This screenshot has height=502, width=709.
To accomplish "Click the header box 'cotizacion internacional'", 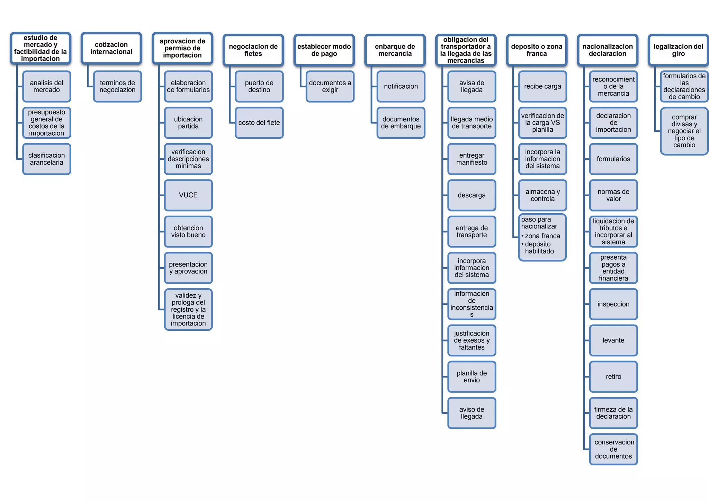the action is pos(111,48).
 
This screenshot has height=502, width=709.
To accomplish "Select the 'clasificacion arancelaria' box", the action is pos(46,159).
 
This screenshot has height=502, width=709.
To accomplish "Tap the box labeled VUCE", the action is pos(188,195).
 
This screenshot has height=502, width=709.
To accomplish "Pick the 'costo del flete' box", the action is pos(259,123).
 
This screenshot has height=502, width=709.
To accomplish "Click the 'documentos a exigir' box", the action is pos(330,86).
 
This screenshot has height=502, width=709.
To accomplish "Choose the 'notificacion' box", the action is pos(401,86).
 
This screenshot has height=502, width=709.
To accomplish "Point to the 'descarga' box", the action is pos(472,195).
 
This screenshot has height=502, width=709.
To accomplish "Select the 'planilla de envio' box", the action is pos(472,376).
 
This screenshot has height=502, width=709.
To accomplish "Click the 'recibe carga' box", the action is pos(542,86).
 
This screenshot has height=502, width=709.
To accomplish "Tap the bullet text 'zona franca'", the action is pos(542,236).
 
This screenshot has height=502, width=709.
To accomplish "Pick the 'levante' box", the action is pos(613,340).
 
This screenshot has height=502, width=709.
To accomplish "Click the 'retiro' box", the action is pos(613,376).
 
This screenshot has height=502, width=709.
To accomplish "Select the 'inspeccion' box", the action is pos(613,304).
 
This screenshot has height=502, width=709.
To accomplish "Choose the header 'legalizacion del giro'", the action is pos(678,50).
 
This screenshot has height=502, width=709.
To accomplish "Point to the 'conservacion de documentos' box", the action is pos(613,449).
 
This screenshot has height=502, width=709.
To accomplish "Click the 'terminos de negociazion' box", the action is pos(117,86).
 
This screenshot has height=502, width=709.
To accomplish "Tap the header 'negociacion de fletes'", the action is pos(253,50).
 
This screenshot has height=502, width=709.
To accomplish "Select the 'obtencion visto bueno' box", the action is pos(188,231).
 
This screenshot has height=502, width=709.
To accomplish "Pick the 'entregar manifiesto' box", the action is pos(472,159).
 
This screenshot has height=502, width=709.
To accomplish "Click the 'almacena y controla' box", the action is pos(542,195).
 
